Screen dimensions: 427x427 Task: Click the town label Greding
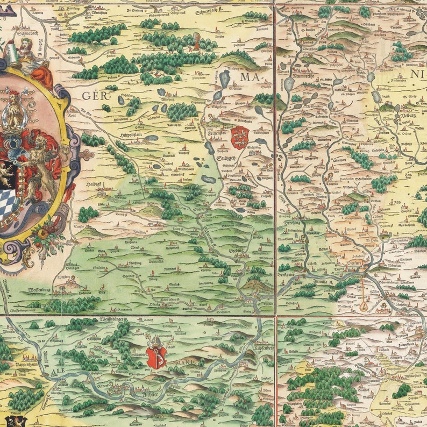(237, 251)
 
